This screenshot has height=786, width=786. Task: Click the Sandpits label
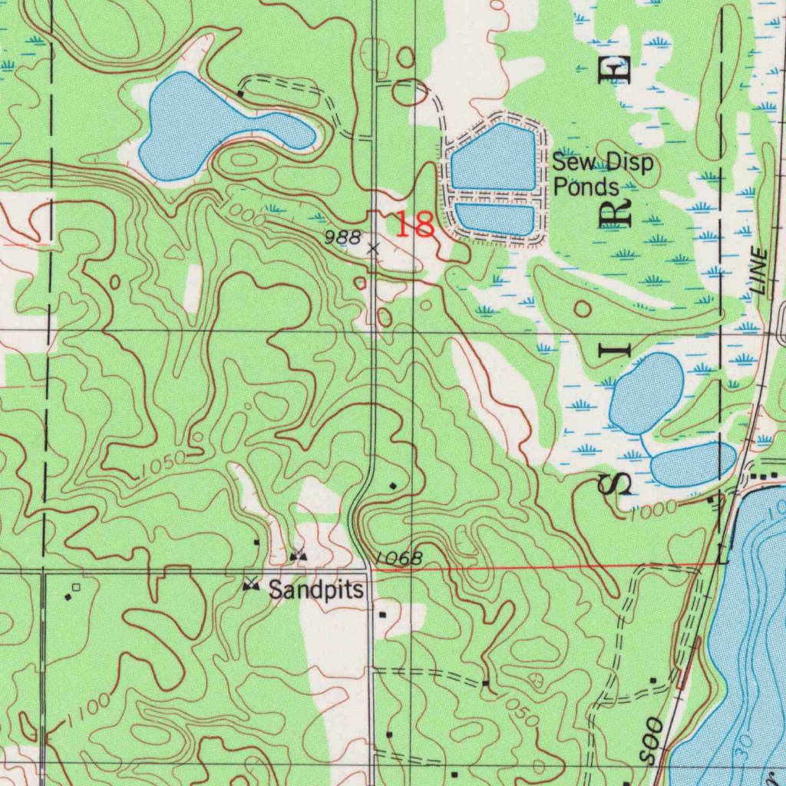(315, 590)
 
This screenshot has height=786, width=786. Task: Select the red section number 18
(414, 225)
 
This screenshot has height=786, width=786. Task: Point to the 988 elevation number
(342, 237)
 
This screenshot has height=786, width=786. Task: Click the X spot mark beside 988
(373, 248)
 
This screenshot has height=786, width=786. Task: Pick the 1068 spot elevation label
(399, 559)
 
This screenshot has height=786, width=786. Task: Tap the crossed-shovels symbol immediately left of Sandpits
(250, 586)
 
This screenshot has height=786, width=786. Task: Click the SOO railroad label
(653, 741)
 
